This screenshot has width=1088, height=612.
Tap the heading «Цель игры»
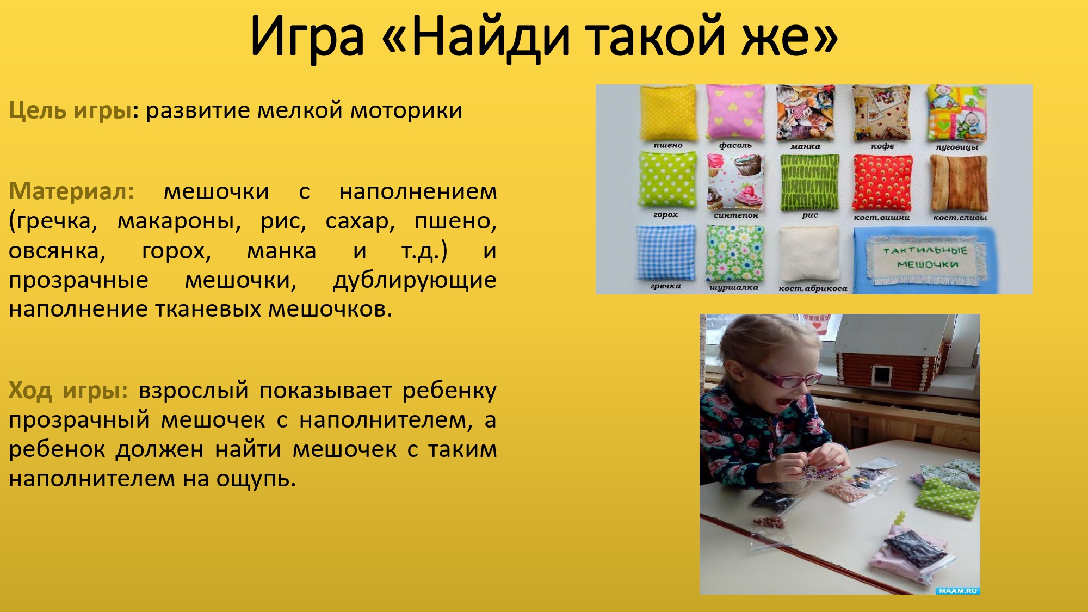70,110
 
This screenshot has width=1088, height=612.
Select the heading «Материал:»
71,191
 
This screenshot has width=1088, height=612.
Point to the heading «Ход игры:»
68,391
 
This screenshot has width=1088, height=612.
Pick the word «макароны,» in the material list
179,221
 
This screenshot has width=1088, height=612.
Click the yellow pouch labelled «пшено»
667,112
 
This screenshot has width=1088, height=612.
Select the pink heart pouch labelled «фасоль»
735,112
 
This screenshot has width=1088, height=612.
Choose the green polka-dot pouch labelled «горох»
667,181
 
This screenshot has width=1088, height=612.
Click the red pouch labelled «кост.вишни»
882,183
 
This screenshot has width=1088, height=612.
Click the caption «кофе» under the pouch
882,146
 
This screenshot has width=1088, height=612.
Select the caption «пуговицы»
956,147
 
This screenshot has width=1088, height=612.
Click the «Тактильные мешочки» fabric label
924,257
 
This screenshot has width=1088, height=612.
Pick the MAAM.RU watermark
957,591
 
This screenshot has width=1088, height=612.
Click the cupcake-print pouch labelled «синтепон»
735,182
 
